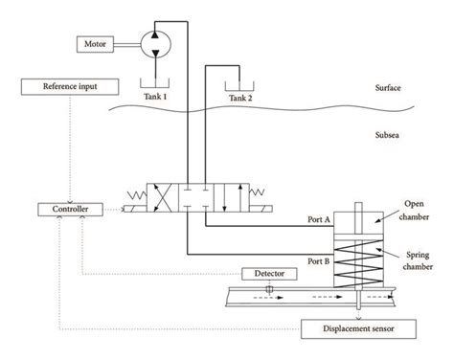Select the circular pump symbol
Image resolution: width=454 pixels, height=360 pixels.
point(152,41)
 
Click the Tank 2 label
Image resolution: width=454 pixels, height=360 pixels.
point(240,96)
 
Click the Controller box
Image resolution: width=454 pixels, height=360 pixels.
point(60,209)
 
